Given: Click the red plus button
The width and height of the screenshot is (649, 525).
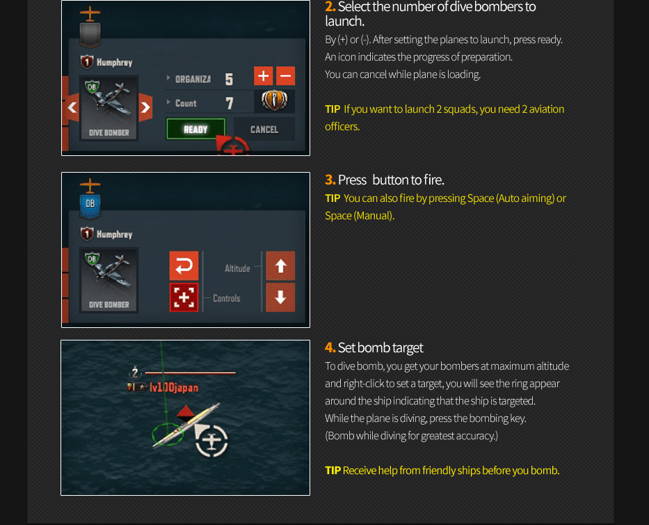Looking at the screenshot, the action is click(x=263, y=76).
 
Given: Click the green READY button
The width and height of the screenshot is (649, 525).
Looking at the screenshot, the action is click(x=195, y=130).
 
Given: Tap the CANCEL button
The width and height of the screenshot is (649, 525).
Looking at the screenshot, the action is click(x=264, y=130).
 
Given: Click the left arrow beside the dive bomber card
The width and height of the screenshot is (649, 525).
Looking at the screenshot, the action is click(x=72, y=107).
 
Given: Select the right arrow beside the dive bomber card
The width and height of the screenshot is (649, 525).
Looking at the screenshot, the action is click(x=145, y=107).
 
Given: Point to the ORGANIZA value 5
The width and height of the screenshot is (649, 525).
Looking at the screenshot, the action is click(x=229, y=79).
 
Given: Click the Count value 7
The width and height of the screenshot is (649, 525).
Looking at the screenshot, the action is click(x=230, y=103).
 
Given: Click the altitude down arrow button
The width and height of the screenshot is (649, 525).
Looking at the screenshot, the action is click(x=280, y=297).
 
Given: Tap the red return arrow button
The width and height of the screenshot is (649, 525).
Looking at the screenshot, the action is click(x=184, y=265).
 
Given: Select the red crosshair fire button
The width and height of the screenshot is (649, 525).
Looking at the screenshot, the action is click(x=184, y=297).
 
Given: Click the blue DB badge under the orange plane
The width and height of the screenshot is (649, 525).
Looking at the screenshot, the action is click(x=90, y=206).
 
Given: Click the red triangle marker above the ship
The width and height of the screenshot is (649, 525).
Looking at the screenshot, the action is click(x=186, y=412).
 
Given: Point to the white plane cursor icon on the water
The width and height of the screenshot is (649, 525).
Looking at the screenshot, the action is click(x=211, y=440).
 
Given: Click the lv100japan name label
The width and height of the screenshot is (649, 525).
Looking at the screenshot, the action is click(x=174, y=387).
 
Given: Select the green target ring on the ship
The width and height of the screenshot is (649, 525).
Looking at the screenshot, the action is click(x=167, y=434).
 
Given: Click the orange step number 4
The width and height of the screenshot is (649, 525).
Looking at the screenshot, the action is click(x=330, y=347).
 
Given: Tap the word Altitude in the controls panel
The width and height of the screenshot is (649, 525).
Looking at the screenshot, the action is click(x=237, y=269).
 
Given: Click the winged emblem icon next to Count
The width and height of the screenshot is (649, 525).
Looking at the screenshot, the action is click(x=274, y=101).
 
